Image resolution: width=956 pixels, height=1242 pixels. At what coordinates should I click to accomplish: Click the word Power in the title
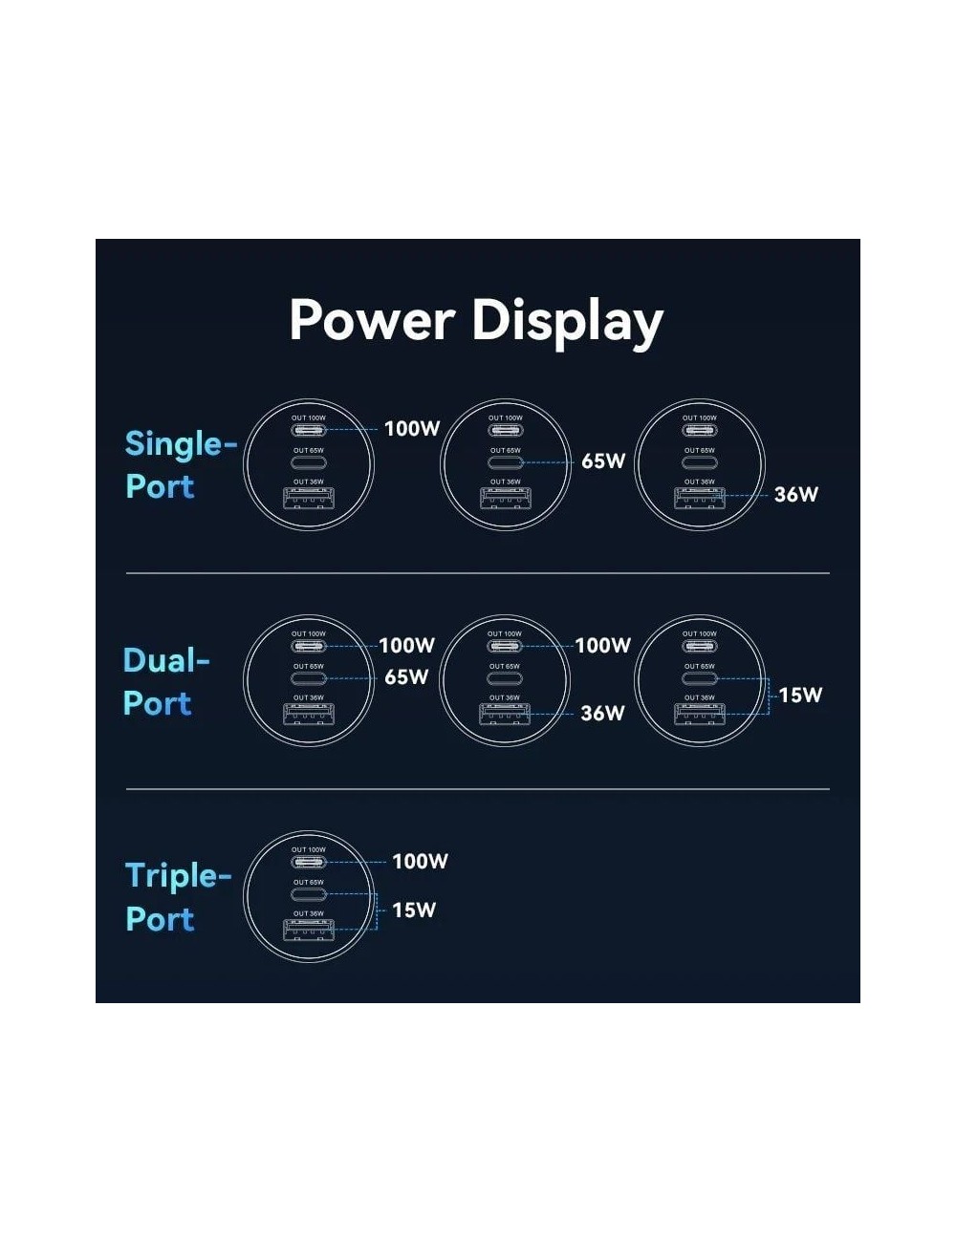click(372, 320)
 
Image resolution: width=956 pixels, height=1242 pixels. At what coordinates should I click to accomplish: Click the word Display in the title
click(568, 324)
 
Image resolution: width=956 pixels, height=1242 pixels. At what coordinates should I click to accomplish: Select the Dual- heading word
click(166, 660)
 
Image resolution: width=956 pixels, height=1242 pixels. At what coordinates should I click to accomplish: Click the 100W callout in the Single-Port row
click(412, 429)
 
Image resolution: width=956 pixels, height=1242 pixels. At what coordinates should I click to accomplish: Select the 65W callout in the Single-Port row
click(603, 461)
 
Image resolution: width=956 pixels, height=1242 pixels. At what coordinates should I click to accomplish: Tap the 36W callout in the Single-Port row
click(796, 494)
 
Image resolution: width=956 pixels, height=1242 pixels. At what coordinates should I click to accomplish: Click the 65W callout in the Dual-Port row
click(406, 677)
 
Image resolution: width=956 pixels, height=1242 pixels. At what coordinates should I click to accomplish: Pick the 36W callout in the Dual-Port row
click(602, 714)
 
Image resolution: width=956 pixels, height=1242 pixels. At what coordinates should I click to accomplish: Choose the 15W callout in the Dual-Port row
click(800, 695)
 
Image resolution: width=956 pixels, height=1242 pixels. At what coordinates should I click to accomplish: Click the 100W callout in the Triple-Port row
click(420, 862)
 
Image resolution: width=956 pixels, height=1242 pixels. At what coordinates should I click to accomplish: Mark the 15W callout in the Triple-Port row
click(414, 910)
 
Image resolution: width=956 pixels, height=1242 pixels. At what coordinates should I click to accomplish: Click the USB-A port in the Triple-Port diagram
click(309, 930)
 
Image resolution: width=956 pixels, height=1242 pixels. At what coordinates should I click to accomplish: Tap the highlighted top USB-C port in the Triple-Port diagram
click(309, 862)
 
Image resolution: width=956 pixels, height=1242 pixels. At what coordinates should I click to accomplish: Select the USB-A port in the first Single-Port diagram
click(309, 498)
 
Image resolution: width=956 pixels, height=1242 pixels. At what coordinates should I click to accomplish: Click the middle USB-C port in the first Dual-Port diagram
click(309, 678)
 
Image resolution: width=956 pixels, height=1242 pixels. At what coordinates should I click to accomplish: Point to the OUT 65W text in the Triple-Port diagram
click(309, 883)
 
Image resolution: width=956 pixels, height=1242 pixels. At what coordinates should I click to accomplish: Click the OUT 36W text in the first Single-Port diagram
click(309, 482)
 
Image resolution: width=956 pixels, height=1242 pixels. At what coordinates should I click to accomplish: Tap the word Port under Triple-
click(160, 919)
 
